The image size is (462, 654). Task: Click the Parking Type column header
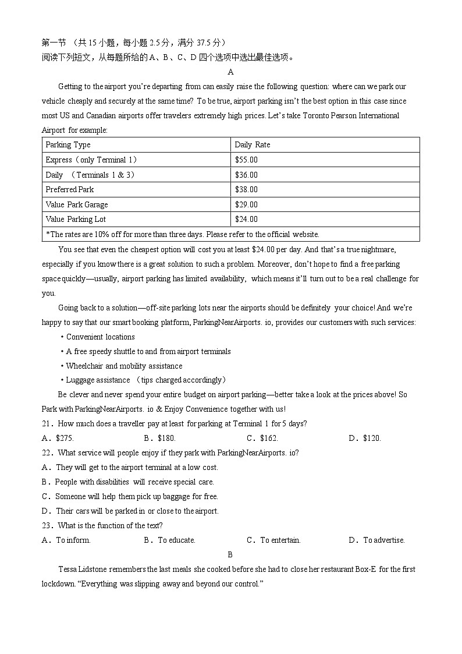68,145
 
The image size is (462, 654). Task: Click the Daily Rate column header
252,145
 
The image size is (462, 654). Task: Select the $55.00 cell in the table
246,160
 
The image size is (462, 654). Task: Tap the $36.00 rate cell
246,175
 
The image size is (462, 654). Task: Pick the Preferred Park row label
69,189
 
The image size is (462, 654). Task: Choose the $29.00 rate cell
246,204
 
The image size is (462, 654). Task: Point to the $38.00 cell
246,189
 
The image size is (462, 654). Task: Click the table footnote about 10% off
182,234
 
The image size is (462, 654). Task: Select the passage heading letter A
231,72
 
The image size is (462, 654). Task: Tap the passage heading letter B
230,554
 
